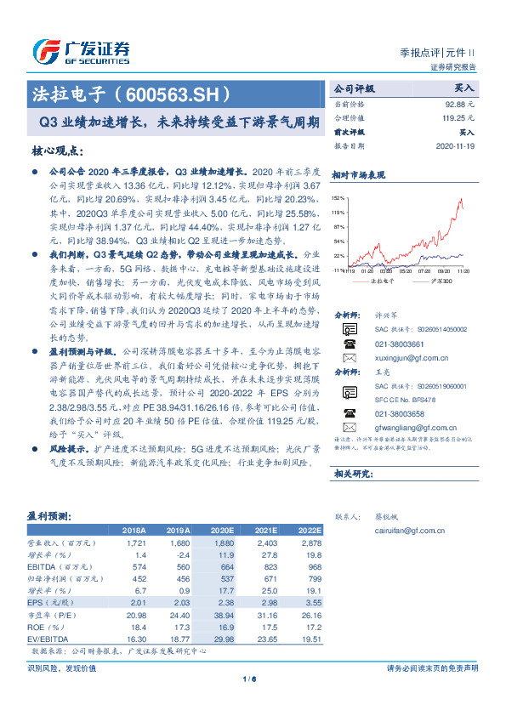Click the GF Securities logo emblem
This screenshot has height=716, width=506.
44,50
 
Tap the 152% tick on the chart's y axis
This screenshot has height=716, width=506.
338,196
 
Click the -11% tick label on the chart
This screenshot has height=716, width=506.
338,270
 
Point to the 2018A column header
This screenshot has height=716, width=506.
133,528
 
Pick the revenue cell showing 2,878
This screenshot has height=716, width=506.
310,542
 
